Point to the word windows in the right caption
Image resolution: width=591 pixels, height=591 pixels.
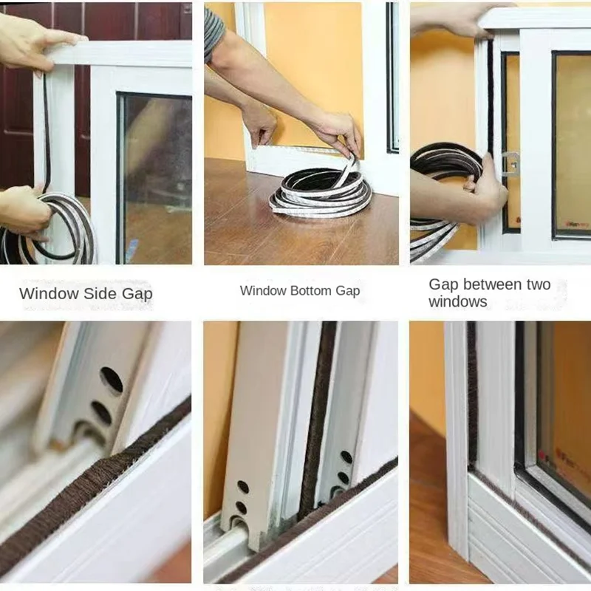click(457, 301)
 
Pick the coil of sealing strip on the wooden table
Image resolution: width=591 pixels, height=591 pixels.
click(320, 194)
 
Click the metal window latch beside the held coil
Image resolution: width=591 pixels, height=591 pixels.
click(510, 163)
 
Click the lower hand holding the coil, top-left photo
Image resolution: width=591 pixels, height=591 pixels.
click(22, 211)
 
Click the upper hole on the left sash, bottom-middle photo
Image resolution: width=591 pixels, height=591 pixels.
click(243, 487)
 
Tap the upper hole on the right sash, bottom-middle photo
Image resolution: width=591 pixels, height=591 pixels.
click(346, 457)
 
